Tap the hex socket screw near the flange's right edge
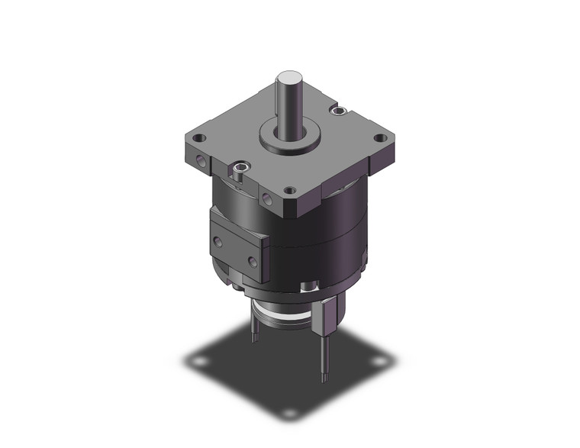(x=337, y=112)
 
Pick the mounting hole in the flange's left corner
(x=199, y=140)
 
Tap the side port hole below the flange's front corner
(x=266, y=199)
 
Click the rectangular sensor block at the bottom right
(x=329, y=316)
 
